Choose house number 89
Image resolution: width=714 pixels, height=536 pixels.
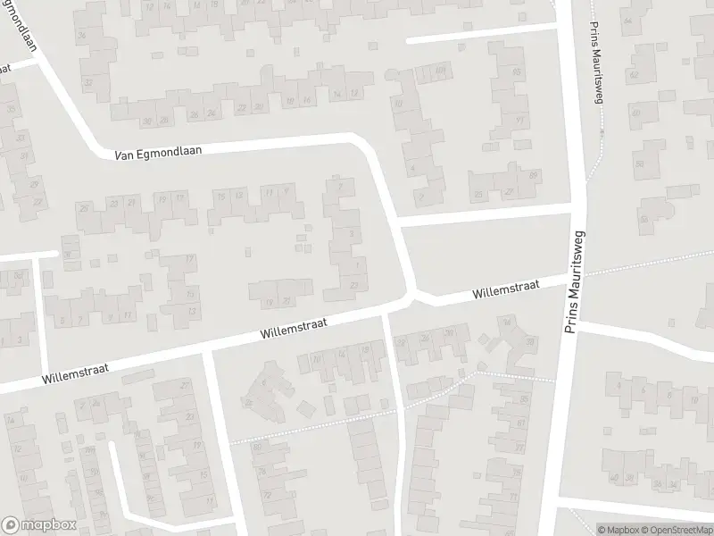[535, 176]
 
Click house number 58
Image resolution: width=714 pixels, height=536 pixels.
[639, 163]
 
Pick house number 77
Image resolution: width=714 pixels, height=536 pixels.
[519, 448]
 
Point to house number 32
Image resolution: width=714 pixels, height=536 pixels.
[88, 82]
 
